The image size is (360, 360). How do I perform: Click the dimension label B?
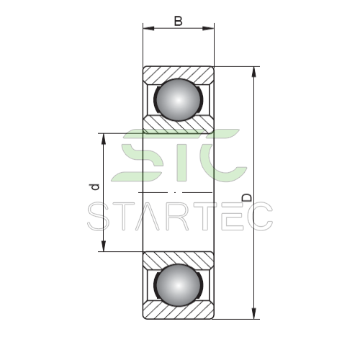pyautogui.click(x=178, y=21)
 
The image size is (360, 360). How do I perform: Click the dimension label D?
pyautogui.click(x=247, y=197)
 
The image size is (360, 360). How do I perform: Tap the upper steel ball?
pyautogui.click(x=178, y=99)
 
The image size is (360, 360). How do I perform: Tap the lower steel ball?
pyautogui.click(x=178, y=285)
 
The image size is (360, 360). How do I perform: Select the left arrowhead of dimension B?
pyautogui.click(x=148, y=28)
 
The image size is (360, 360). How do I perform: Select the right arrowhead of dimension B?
pyautogui.click(x=208, y=28)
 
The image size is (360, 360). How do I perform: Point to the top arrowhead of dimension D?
pyautogui.click(x=253, y=72)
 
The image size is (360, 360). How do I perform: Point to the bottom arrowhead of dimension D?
pyautogui.click(x=253, y=314)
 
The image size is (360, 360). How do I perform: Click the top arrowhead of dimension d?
pyautogui.click(x=104, y=139)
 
